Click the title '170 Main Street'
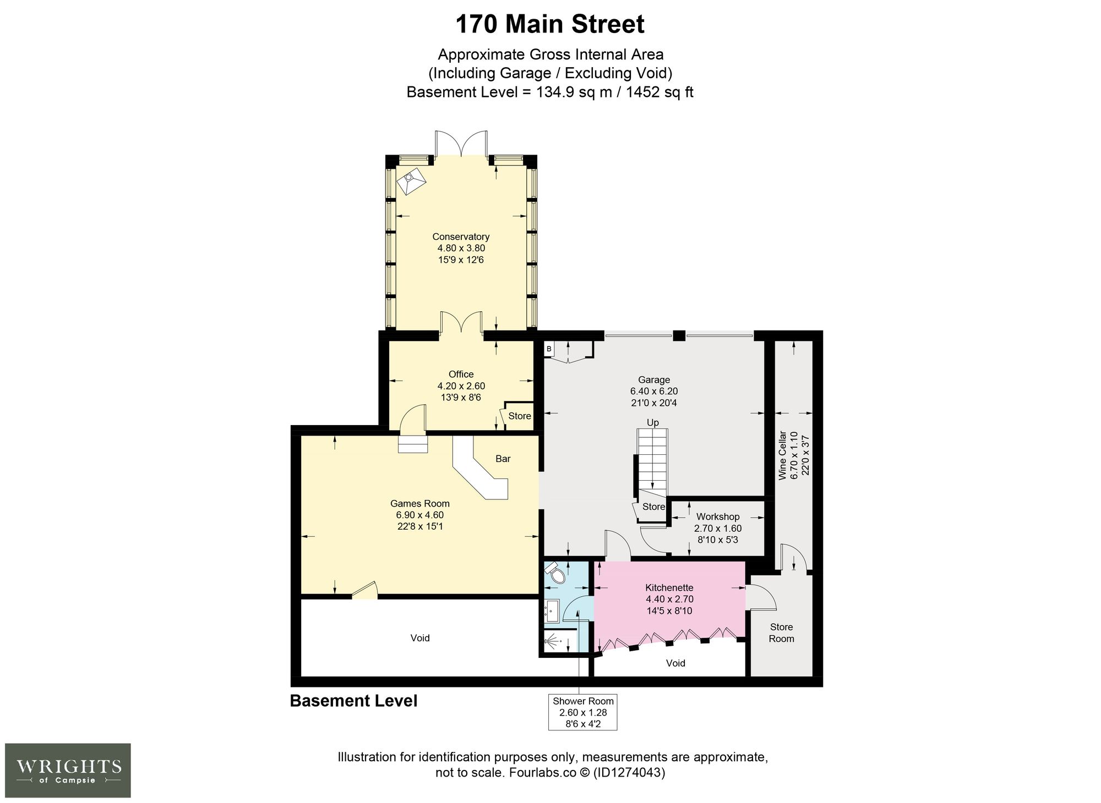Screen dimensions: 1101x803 pos(550,25)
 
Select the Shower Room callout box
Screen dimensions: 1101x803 pos(583,712)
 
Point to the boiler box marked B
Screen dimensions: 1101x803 pos(549,349)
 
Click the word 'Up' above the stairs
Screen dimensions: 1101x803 pos(653,422)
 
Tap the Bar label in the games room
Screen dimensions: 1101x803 pos(503,459)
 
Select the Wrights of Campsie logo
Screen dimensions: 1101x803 pos(68,770)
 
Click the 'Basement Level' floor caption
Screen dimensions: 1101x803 pos(353,701)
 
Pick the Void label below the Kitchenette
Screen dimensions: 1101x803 pos(675,663)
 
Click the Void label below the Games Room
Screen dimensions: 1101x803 pos(420,638)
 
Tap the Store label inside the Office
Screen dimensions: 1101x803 pos(520,416)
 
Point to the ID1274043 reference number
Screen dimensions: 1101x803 pos(629,773)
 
